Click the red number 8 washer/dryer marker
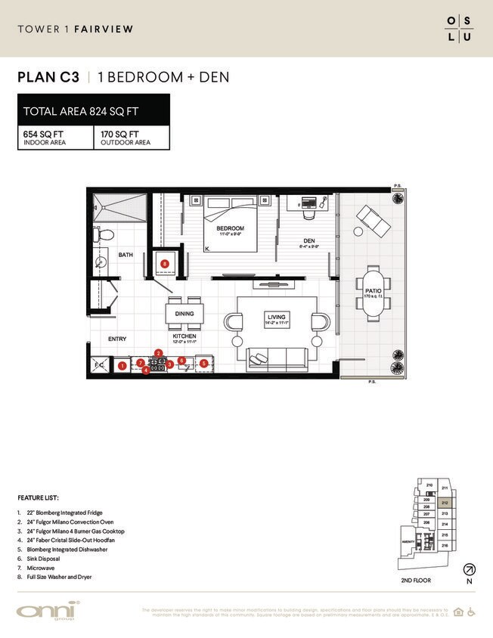[x=165, y=262]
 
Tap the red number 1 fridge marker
[x=122, y=366]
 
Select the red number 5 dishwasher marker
[x=203, y=364]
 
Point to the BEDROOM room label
[x=230, y=228]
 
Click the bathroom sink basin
[x=102, y=262]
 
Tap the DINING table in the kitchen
[x=184, y=312]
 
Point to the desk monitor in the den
[x=308, y=203]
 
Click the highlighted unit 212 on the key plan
[x=445, y=501]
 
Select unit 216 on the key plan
[x=445, y=544]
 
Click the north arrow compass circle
[x=470, y=569]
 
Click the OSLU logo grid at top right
[x=459, y=29]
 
